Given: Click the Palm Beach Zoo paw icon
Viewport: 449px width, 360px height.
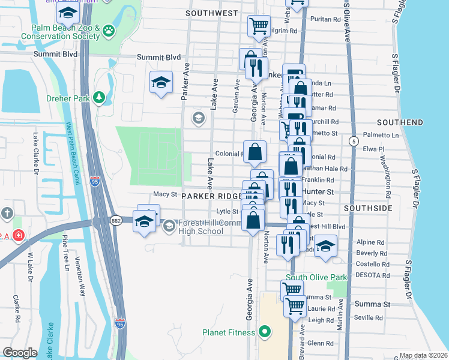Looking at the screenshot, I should (108, 31).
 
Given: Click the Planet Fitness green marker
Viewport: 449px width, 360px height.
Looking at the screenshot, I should (265, 332).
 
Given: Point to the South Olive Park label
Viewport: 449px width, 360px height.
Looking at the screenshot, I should (316, 277).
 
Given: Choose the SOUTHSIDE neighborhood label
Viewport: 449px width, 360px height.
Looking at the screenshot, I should (368, 208).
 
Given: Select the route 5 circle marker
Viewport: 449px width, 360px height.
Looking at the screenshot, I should (354, 140).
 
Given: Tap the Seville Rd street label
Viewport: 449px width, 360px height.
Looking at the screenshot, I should (369, 317).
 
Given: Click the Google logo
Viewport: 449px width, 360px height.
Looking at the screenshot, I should (20, 353).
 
